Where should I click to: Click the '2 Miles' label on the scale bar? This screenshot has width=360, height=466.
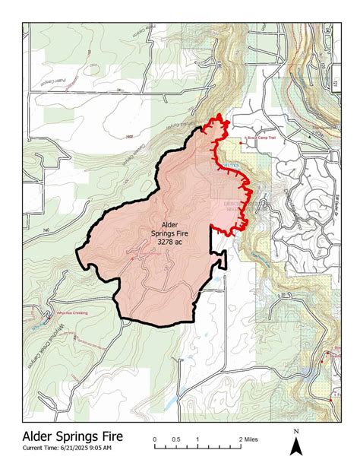point(248,440)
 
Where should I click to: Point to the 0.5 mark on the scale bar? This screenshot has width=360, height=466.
point(176,440)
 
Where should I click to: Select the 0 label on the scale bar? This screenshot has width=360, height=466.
point(155,440)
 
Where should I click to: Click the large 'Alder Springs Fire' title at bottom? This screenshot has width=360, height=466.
point(72,437)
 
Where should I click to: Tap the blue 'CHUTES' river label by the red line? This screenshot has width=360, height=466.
point(231,165)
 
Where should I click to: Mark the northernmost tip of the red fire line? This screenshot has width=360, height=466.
point(219,116)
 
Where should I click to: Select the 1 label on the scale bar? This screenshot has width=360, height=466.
point(197,440)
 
